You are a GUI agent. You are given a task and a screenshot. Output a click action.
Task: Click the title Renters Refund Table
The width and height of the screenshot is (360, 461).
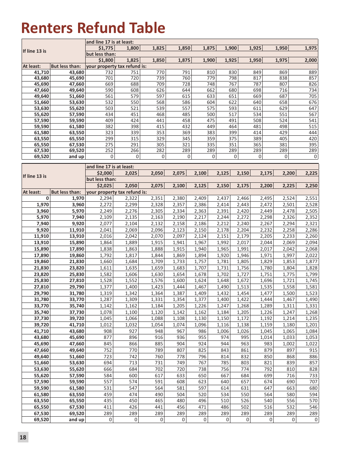click(93, 28)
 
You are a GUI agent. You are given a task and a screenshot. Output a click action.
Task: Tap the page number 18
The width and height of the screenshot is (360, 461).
click(23, 437)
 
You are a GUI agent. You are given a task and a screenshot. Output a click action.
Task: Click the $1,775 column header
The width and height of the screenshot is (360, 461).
click(106, 48)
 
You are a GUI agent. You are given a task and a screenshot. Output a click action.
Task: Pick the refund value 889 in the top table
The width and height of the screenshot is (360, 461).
click(313, 72)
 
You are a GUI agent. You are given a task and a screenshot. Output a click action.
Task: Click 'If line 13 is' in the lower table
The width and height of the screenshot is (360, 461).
click(35, 176)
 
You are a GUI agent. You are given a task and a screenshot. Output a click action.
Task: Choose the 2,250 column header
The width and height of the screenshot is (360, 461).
click(312, 186)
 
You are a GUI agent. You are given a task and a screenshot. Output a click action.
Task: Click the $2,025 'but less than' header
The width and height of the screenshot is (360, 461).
click(106, 186)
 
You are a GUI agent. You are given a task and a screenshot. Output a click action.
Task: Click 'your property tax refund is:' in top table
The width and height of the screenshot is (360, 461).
click(116, 66)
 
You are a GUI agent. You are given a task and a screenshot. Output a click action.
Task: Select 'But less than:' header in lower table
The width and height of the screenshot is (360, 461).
click(66, 192)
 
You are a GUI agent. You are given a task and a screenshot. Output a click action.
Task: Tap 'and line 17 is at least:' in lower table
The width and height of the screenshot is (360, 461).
click(110, 166)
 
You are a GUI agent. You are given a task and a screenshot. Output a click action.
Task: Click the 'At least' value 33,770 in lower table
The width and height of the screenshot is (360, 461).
click(42, 306)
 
